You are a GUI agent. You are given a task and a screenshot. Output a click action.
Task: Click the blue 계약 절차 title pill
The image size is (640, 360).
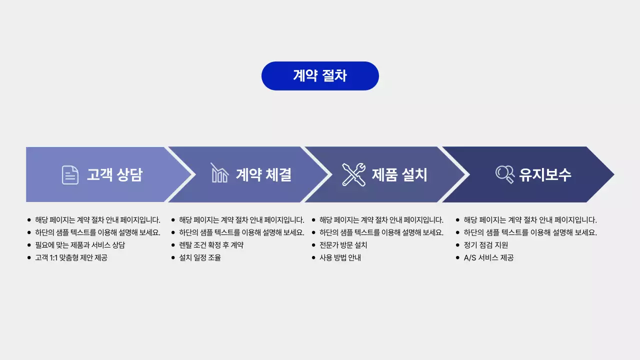coord(320,76)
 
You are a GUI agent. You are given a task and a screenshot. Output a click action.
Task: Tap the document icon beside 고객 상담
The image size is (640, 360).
coord(70,174)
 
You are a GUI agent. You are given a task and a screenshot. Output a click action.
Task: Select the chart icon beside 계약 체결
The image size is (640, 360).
coord(219,173)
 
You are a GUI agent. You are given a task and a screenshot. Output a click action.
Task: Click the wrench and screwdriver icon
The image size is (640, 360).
coord(353,174)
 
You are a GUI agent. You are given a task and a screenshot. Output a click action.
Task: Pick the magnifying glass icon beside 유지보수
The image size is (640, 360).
coord(504,174)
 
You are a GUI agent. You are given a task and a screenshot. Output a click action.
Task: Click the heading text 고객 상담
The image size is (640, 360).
coord(114,174)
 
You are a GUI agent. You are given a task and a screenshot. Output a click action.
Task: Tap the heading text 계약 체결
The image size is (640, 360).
coord(263,174)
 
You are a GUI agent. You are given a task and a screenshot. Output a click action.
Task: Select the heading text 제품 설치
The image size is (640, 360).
coord(399,174)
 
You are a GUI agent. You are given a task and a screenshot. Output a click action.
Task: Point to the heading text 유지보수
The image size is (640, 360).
coord(545,174)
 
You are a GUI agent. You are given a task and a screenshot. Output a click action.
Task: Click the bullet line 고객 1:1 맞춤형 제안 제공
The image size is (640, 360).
coord(71,258)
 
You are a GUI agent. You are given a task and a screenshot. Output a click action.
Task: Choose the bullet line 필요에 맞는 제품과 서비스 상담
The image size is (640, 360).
coord(80,245)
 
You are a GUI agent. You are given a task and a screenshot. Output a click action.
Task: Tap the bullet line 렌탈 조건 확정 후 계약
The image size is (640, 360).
coord(211,245)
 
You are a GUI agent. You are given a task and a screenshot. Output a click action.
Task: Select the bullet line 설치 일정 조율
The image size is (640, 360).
coord(200,258)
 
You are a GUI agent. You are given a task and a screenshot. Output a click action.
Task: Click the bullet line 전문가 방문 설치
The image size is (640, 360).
coord(343,245)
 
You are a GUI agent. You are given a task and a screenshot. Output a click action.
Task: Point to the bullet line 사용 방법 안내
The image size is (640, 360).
coord(340,258)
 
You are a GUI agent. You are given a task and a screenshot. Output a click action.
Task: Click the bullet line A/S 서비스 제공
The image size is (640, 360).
coord(488,258)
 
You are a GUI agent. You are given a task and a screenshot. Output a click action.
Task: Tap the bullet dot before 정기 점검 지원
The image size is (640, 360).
coord(457,245)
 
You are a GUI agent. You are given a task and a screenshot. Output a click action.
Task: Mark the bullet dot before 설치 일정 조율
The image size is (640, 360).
coord(173,258)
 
